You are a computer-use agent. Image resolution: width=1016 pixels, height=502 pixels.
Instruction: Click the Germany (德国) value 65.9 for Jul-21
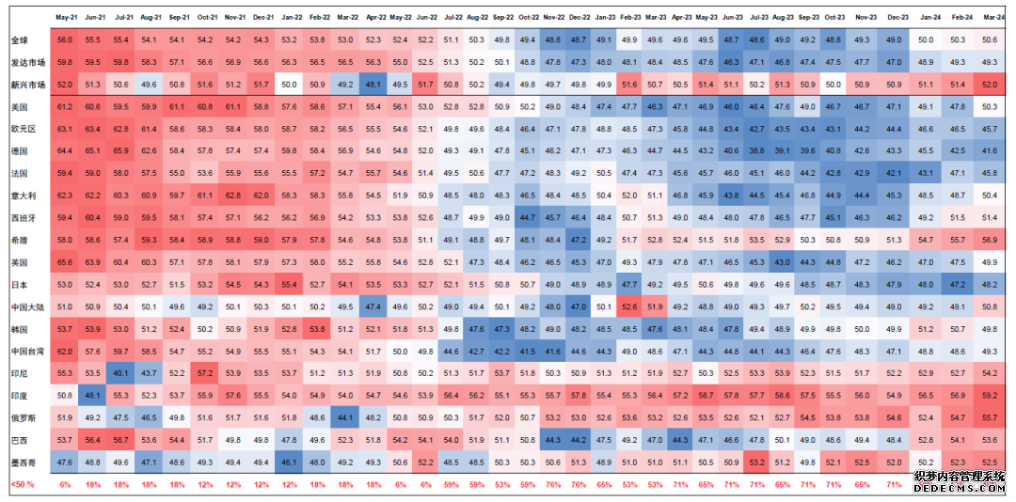point(120,150)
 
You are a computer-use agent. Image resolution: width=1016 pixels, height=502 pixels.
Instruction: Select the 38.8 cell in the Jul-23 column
point(755,150)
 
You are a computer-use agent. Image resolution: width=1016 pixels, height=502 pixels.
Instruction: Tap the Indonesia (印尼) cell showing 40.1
point(120,373)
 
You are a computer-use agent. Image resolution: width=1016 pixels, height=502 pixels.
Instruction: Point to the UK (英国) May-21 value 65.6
point(65,262)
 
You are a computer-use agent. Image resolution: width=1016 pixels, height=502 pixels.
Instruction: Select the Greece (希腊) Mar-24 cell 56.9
point(990,240)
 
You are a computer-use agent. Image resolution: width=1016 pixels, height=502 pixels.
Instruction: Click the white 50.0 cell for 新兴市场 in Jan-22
point(292,85)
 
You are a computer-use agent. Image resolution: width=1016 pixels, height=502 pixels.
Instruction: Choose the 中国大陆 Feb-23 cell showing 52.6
point(630,306)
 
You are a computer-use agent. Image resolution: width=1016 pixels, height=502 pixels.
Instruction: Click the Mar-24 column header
point(990,18)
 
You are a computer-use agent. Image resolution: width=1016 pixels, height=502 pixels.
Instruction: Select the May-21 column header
point(65,18)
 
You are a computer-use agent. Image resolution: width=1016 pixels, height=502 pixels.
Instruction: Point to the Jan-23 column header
point(604,18)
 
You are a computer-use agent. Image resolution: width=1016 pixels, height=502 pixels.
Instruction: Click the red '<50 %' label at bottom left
point(23,484)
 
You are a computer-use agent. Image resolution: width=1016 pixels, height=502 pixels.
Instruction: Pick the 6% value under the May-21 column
point(65,484)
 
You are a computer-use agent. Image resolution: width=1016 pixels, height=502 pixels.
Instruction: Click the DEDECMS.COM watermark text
point(960,489)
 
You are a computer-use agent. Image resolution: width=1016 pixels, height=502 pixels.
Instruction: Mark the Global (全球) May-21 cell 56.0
point(65,40)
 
